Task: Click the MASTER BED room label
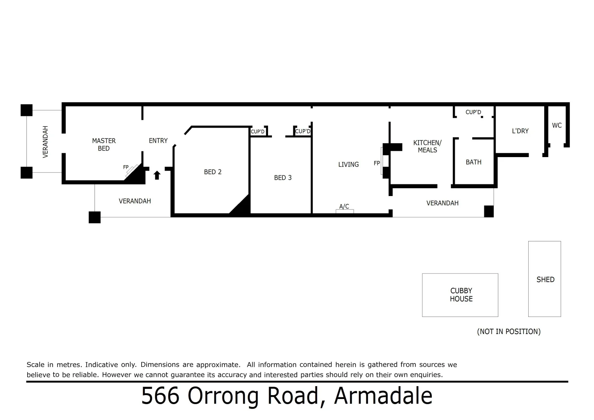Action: coord(103,144)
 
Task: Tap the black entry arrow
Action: coord(157,175)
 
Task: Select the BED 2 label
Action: coord(212,172)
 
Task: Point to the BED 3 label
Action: coord(282,178)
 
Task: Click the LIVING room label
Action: coord(348,164)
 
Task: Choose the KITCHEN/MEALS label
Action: coord(427,146)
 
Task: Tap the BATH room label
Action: coord(473,162)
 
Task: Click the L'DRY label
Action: coord(520,131)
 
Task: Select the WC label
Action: coord(557,125)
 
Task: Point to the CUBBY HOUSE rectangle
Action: coord(460,295)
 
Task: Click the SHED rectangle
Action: coord(544,279)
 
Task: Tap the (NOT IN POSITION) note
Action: coord(508,331)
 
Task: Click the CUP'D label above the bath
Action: coord(473,112)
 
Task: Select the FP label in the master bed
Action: coord(126,167)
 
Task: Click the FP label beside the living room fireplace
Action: coord(377,163)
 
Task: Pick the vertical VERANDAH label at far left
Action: coord(46,142)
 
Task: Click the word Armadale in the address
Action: coord(383,396)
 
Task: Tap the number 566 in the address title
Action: coord(160,396)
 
